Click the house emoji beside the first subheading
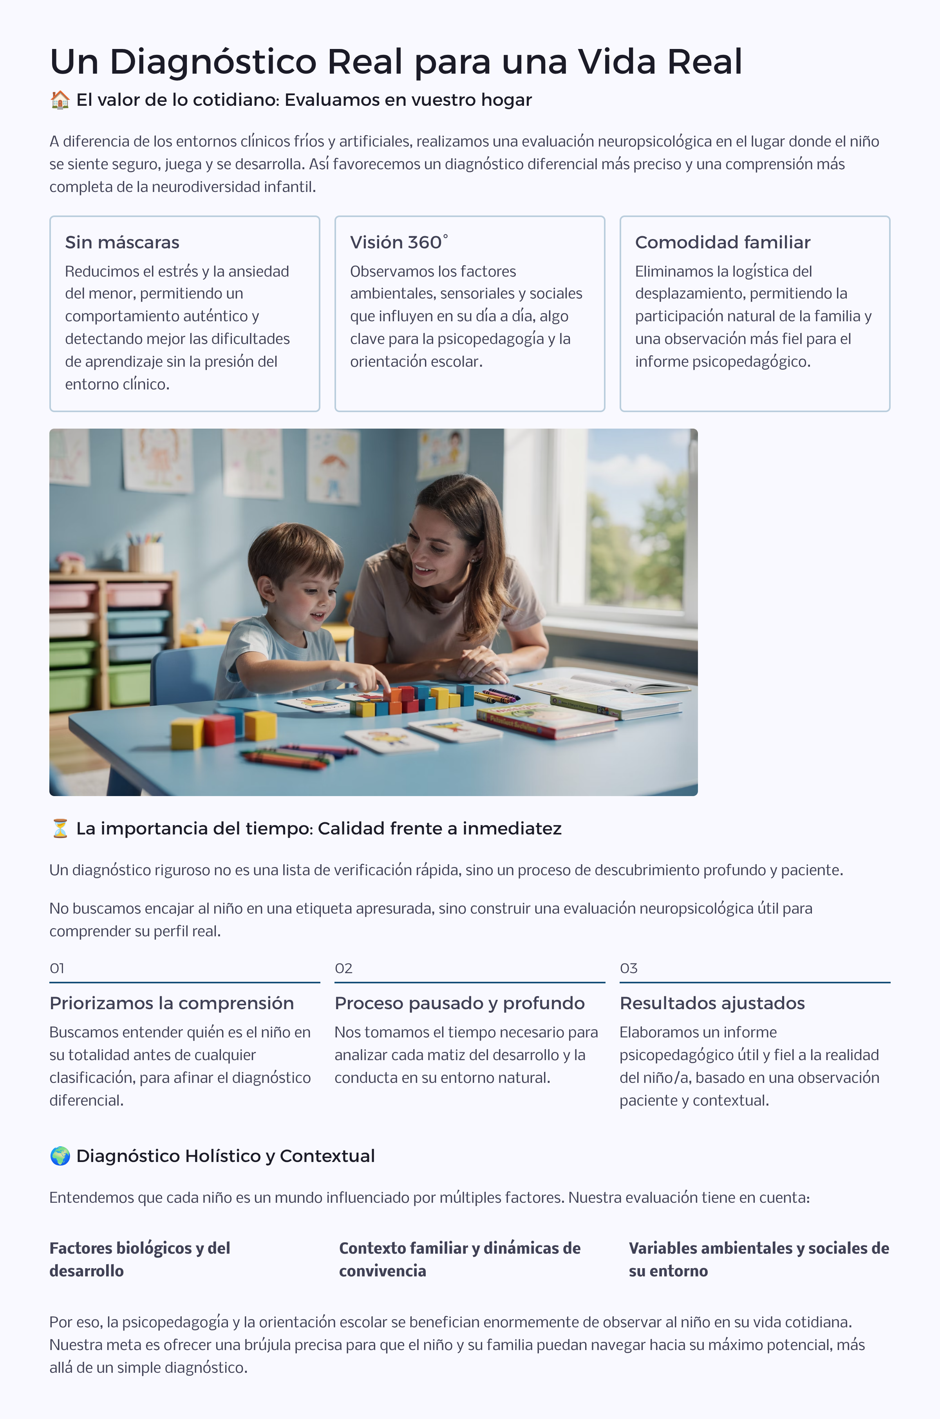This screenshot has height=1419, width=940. tap(60, 100)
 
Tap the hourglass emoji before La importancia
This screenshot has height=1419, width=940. tap(60, 829)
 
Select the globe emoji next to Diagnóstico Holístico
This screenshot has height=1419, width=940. tap(60, 1156)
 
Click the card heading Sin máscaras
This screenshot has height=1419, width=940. tap(122, 242)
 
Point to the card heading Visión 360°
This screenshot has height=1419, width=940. tap(399, 242)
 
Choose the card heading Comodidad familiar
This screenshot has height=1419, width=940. tap(722, 242)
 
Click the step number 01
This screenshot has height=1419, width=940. tap(57, 968)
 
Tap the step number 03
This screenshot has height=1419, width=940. tap(628, 968)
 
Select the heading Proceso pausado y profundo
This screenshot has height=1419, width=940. tap(459, 1003)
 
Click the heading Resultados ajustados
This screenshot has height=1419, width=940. tap(712, 1003)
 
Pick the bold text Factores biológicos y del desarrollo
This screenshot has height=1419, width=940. tap(140, 1259)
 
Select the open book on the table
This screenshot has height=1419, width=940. tap(606, 686)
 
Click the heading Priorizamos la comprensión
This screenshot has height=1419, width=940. tap(172, 1003)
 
